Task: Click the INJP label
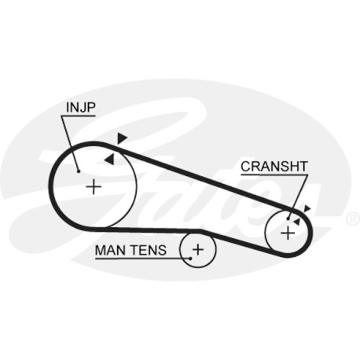pos(81,108)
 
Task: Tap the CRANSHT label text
pos(274,167)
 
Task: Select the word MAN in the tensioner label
pos(109,250)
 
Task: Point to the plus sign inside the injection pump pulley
pos(94,186)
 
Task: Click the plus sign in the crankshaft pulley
pos(288,233)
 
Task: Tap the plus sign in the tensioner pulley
pos(198,249)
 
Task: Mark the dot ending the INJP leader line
pos(78,171)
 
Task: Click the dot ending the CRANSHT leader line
pos(288,219)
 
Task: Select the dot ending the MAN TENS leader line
pos(190,259)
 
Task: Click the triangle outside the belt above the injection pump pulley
pos(122,138)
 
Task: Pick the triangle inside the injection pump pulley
pos(110,159)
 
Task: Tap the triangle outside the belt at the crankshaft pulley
pos(307,209)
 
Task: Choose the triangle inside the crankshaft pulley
pos(297,222)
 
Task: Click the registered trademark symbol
pos(353,219)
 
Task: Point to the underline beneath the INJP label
pos(78,116)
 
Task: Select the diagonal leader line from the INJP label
pos(70,144)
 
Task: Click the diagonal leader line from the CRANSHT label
pos(298,197)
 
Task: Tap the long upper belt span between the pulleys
pos(201,178)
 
